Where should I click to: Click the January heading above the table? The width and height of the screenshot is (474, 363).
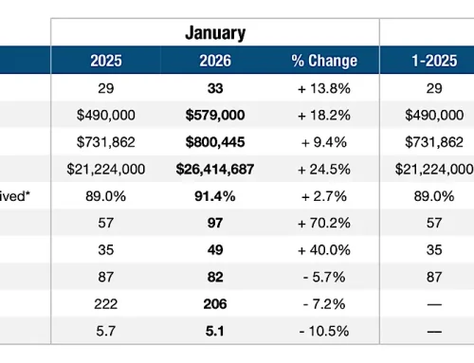click(216, 33)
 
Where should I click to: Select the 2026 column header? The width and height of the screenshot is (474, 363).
click(216, 61)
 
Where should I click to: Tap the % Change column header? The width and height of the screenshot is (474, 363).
click(323, 61)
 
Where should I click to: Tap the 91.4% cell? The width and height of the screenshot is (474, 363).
click(216, 196)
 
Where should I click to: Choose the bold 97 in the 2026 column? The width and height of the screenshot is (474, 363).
click(216, 225)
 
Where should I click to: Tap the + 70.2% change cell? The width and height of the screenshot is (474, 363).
click(323, 225)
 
